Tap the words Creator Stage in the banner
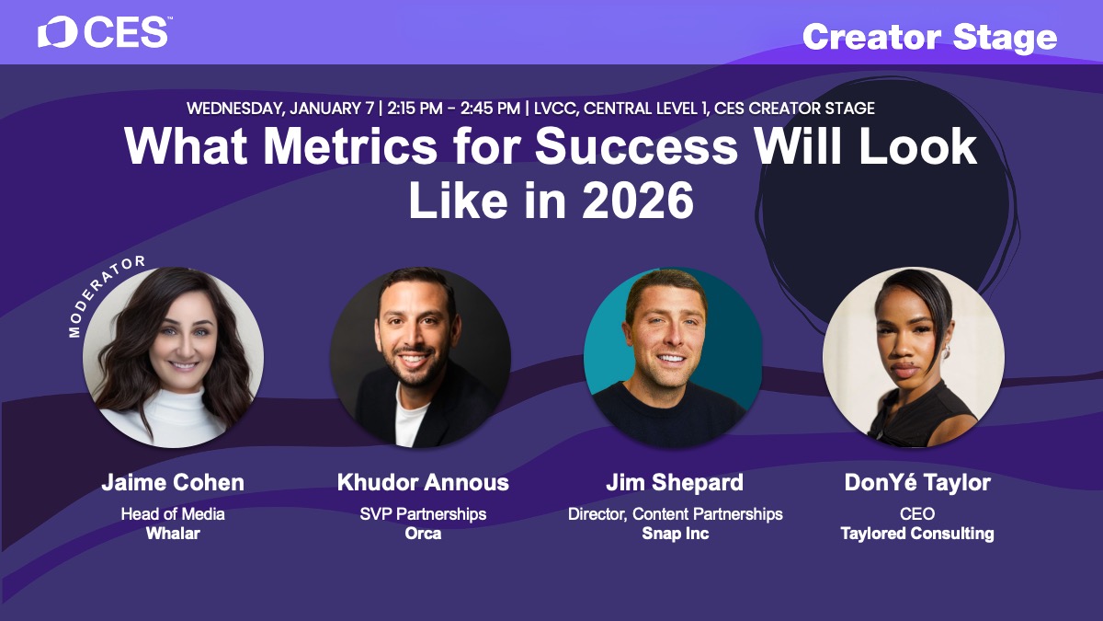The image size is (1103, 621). coord(929,38)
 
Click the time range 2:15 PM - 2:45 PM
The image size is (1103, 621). coord(453,109)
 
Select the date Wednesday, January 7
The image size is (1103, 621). coord(280,109)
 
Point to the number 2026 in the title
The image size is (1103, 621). coord(638,201)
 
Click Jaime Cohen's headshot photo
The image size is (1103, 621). coord(174,357)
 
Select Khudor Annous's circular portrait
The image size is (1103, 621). coord(421,357)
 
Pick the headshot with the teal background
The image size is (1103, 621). coord(673,357)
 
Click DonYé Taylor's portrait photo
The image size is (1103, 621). coord(914,357)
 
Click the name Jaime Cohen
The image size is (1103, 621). coord(173,482)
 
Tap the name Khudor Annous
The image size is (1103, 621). coord(423,482)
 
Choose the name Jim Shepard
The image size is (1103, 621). coord(675,483)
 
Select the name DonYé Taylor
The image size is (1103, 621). coord(917,482)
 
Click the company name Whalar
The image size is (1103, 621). coord(173,534)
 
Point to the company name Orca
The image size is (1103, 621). coord(423,534)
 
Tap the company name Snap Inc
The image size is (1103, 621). coord(676,534)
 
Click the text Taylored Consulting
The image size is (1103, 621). coord(917,534)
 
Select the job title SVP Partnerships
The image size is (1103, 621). coord(423,514)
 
